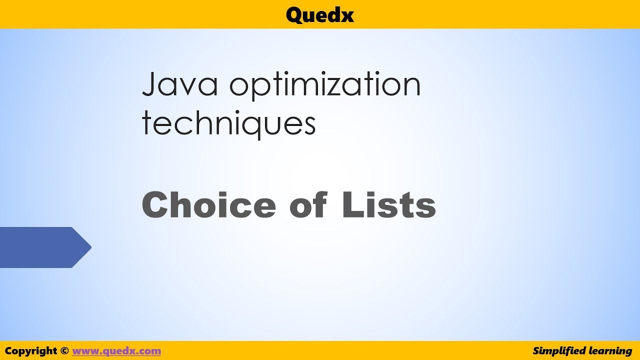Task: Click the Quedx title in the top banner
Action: (x=320, y=15)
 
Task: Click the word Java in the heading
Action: (x=180, y=85)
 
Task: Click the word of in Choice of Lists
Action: (x=308, y=205)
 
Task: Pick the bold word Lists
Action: (x=389, y=205)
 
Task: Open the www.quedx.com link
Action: (x=116, y=351)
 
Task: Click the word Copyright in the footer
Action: (x=31, y=351)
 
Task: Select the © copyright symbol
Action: (x=64, y=351)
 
